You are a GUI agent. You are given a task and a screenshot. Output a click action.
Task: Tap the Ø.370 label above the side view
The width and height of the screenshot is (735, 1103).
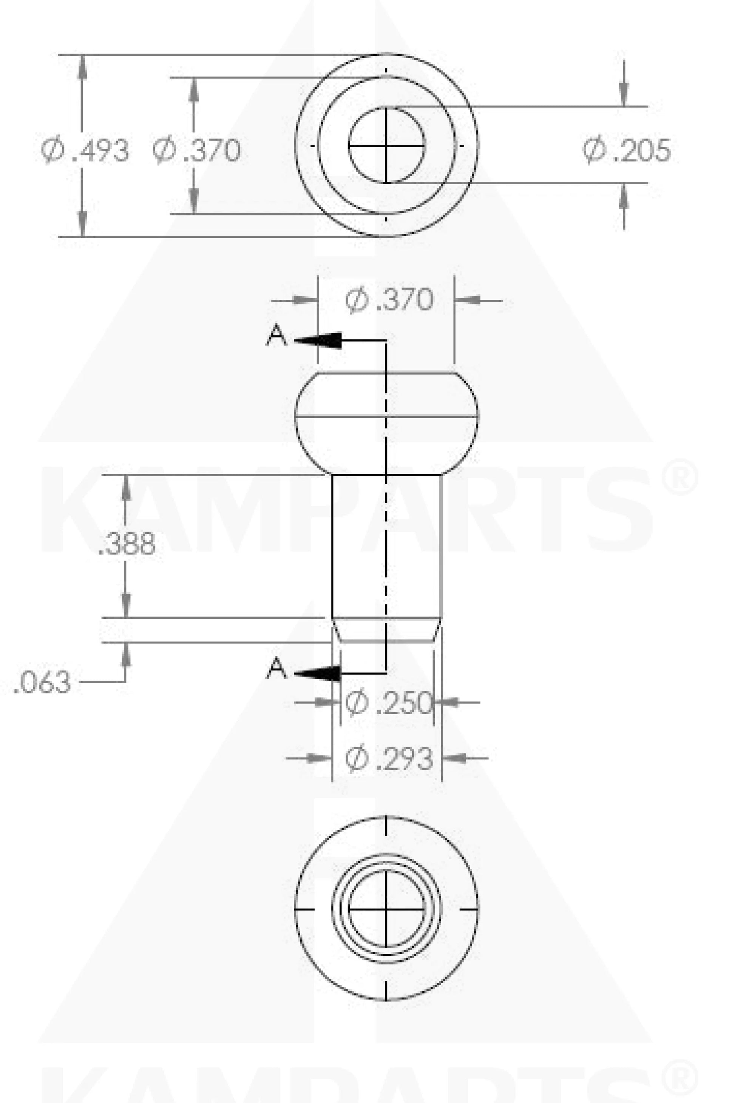(389, 300)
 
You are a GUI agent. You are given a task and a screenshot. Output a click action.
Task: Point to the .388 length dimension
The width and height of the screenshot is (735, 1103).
(127, 544)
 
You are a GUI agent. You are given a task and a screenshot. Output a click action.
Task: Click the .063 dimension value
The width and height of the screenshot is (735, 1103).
(42, 682)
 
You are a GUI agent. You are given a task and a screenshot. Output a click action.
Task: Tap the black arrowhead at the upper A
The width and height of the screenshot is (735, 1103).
(323, 340)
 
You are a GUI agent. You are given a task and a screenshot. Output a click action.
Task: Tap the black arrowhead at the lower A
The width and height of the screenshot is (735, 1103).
(323, 673)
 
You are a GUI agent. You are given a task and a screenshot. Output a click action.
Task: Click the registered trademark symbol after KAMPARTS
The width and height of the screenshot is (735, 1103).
(680, 478)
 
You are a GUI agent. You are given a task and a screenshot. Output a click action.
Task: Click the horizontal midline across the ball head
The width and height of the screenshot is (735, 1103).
(338, 416)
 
